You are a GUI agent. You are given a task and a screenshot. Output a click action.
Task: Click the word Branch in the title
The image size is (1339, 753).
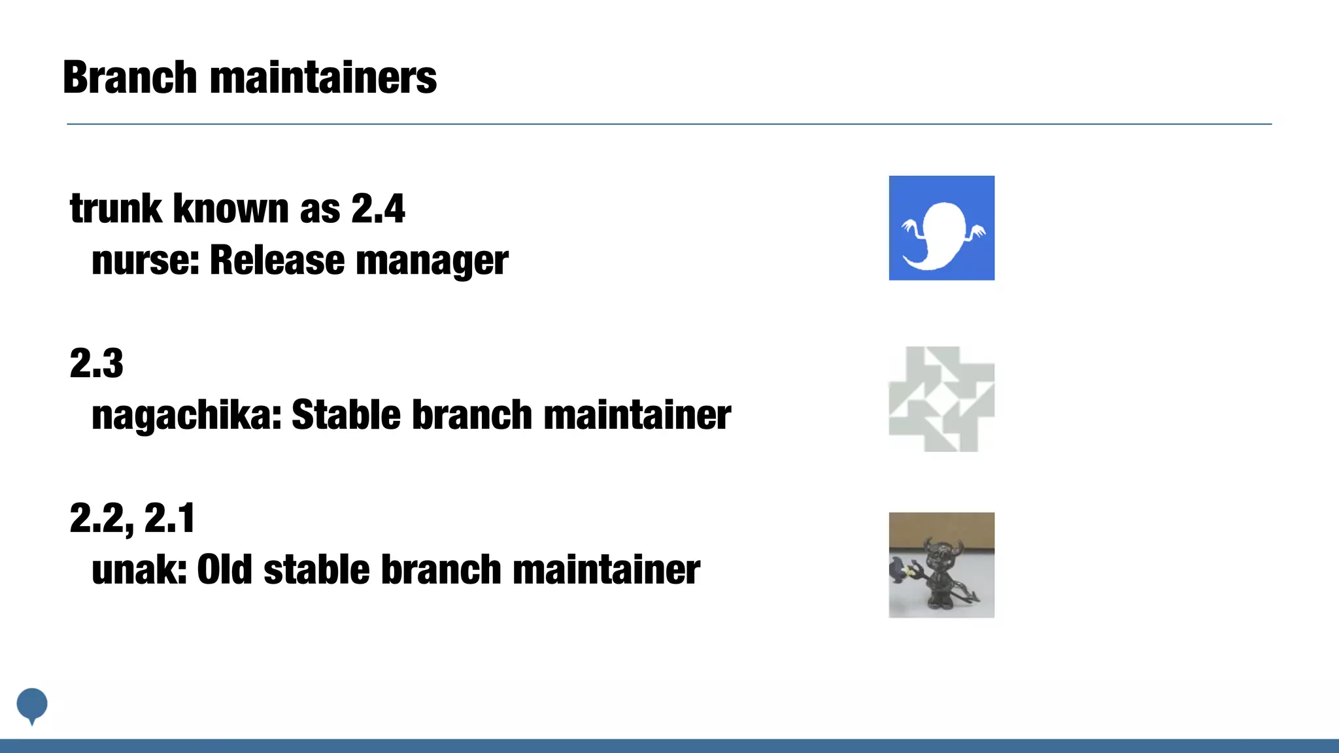coord(129,77)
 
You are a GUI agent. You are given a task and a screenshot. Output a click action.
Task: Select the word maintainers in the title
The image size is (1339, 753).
coord(323,77)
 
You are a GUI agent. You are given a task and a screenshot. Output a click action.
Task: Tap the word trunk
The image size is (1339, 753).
coord(116,209)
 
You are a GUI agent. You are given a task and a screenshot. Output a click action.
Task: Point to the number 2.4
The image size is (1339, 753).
coord(378,209)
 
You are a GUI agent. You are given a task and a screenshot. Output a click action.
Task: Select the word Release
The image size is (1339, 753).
coord(277,260)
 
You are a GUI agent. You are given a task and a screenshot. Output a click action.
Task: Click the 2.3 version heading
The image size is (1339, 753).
coord(97,363)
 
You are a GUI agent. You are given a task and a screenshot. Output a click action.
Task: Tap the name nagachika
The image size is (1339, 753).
coord(184,415)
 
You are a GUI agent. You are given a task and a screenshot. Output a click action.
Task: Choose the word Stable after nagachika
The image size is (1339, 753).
coord(346,415)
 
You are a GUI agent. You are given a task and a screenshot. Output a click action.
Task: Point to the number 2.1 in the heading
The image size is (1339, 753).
coord(169,518)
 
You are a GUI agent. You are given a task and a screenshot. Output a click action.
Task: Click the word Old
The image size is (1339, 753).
coord(224,570)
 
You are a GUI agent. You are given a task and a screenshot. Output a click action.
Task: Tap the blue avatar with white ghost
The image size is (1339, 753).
coord(941,228)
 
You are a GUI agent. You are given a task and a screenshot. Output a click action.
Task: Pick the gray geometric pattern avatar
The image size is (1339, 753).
coord(941,399)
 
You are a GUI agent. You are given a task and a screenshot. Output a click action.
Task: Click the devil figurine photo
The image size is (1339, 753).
coord(941,565)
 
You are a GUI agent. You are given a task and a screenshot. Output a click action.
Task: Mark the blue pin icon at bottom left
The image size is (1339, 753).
coord(32,705)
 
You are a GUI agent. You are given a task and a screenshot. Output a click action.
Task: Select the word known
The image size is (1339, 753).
coord(231,209)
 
